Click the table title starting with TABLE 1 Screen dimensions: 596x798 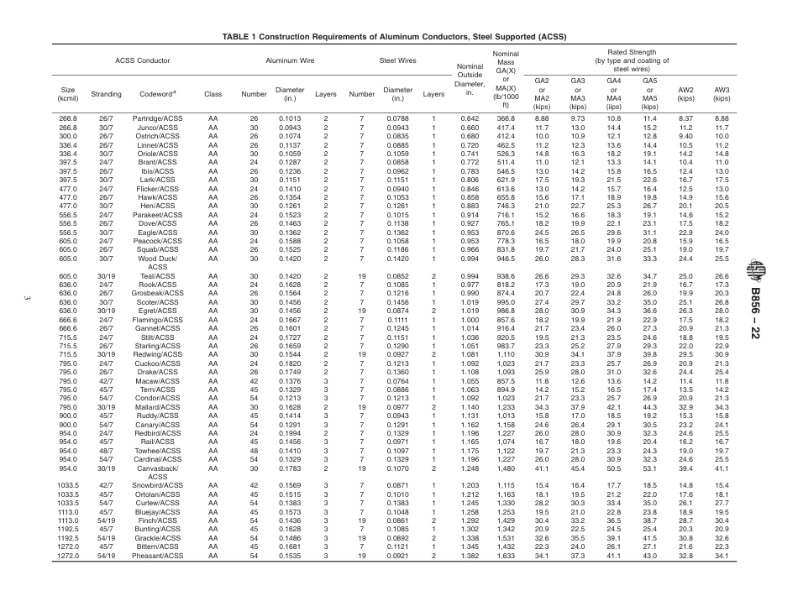point(394,37)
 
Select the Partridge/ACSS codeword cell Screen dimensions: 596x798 point(158,119)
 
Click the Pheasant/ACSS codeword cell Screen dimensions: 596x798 point(158,556)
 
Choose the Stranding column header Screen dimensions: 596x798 point(107,94)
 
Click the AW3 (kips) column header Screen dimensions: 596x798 point(722,93)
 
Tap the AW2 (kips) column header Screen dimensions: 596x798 point(685,93)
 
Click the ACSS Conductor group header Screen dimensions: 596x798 point(143,61)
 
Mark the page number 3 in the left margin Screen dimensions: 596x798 point(29,299)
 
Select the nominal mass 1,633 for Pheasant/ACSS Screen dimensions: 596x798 point(504,556)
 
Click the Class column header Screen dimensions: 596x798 point(213,94)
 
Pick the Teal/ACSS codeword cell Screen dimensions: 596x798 point(158,276)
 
